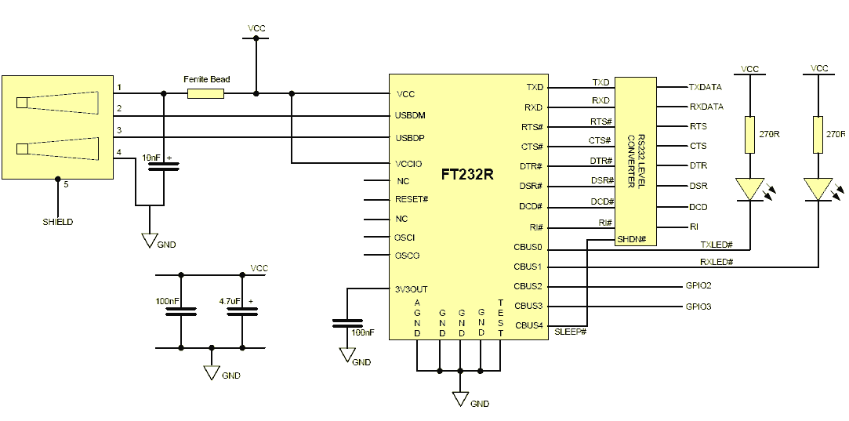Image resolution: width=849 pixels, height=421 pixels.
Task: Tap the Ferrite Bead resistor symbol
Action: tap(205, 94)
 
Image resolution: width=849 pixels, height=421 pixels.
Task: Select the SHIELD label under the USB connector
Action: tap(58, 222)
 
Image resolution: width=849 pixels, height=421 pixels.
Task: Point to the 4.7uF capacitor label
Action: tap(230, 299)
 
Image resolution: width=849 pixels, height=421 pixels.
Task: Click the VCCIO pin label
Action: tap(409, 164)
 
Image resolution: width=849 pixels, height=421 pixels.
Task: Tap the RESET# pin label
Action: tap(412, 199)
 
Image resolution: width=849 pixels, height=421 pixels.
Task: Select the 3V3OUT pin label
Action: tap(412, 289)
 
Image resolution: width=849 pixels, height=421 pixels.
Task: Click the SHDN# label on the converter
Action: tap(629, 239)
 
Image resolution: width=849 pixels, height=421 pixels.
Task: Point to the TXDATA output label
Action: tap(706, 87)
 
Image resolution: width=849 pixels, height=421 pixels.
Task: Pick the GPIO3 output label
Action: tap(698, 307)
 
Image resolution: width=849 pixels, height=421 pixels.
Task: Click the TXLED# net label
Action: tap(717, 245)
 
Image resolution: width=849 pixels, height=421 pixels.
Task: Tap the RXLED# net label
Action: tap(717, 262)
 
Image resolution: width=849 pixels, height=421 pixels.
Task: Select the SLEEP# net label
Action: tap(571, 331)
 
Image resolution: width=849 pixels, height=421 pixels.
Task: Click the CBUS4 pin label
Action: tap(528, 325)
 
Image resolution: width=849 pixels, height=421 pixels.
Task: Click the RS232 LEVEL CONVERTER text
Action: tap(635, 161)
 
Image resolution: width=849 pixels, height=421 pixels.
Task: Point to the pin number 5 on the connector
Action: tap(66, 185)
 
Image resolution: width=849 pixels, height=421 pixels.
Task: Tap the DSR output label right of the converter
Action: tap(698, 186)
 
